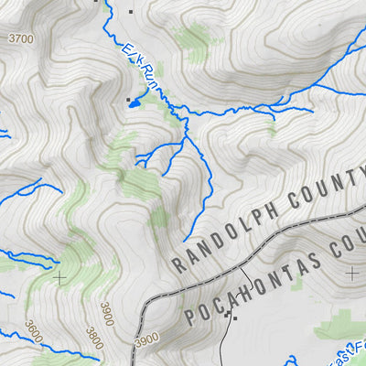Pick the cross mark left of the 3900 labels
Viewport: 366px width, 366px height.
(60, 275)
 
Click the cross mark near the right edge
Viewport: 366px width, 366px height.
(352, 273)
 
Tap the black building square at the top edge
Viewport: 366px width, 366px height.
(131, 11)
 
